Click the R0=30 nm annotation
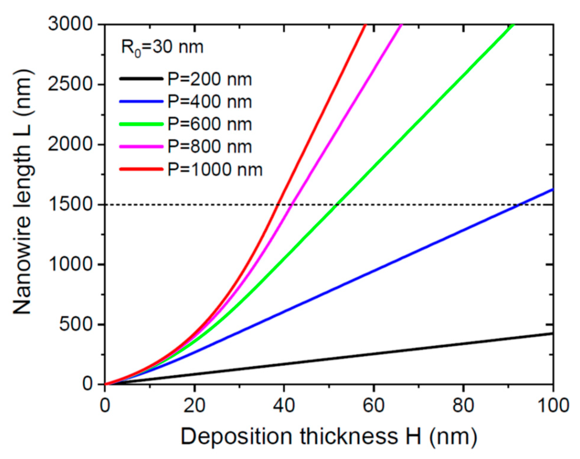pyautogui.click(x=162, y=48)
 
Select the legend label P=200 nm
pyautogui.click(x=210, y=79)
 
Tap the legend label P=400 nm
pyautogui.click(x=210, y=102)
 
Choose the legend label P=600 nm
pyautogui.click(x=210, y=124)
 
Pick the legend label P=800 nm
pyautogui.click(x=210, y=146)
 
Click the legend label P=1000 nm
pyautogui.click(x=215, y=169)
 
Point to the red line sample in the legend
pyautogui.click(x=141, y=169)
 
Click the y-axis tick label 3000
pyautogui.click(x=71, y=24)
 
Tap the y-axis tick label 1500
pyautogui.click(x=71, y=204)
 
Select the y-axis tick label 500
pyautogui.click(x=76, y=324)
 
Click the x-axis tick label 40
pyautogui.click(x=284, y=405)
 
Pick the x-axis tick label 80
pyautogui.click(x=463, y=405)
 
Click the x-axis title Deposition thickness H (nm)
pyautogui.click(x=329, y=437)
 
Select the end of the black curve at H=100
pyautogui.click(x=553, y=333)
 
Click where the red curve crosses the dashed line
pyautogui.click(x=278, y=205)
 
